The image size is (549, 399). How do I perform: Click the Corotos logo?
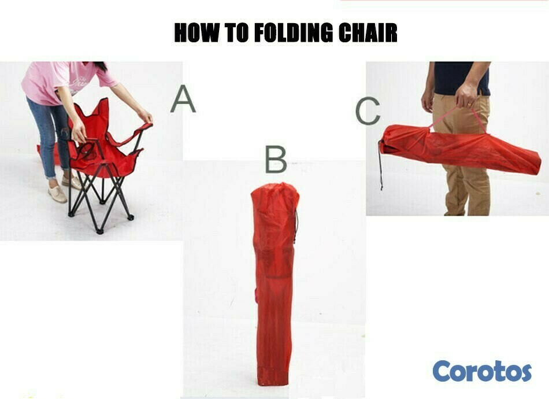482,371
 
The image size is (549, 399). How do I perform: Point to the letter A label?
183,99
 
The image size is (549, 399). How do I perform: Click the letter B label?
276,160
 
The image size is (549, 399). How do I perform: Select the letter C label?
368,111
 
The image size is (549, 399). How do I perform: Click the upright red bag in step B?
275,284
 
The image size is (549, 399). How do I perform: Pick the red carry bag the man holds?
459,149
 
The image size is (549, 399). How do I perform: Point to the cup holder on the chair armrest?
86,150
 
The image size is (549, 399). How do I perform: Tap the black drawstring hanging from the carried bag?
381,165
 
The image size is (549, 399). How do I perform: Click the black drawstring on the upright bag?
296,226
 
